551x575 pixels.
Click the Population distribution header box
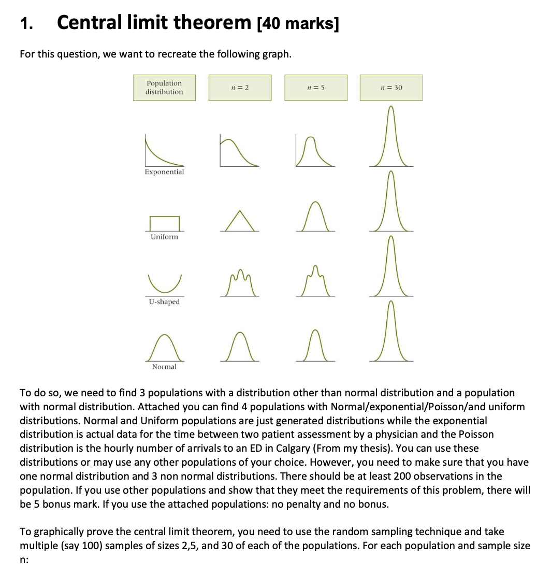click(164, 88)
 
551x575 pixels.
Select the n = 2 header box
click(240, 88)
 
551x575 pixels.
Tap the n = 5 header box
click(315, 88)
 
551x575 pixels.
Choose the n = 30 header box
click(391, 88)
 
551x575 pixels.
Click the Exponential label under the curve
click(164, 171)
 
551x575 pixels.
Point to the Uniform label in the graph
click(164, 237)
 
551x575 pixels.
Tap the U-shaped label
click(164, 301)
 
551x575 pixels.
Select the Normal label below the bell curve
click(164, 367)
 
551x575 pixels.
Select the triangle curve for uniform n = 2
click(239, 221)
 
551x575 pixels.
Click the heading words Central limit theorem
click(154, 23)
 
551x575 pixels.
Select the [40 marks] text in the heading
click(298, 24)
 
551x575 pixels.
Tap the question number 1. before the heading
click(27, 24)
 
